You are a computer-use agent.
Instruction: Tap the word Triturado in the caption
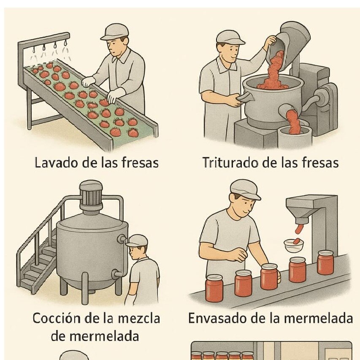[230, 162]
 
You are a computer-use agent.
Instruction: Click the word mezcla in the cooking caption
[139, 319]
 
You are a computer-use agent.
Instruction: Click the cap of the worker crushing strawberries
[230, 38]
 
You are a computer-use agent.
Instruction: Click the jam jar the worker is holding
[269, 277]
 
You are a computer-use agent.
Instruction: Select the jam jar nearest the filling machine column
[325, 262]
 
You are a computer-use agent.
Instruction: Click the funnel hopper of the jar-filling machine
[299, 211]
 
